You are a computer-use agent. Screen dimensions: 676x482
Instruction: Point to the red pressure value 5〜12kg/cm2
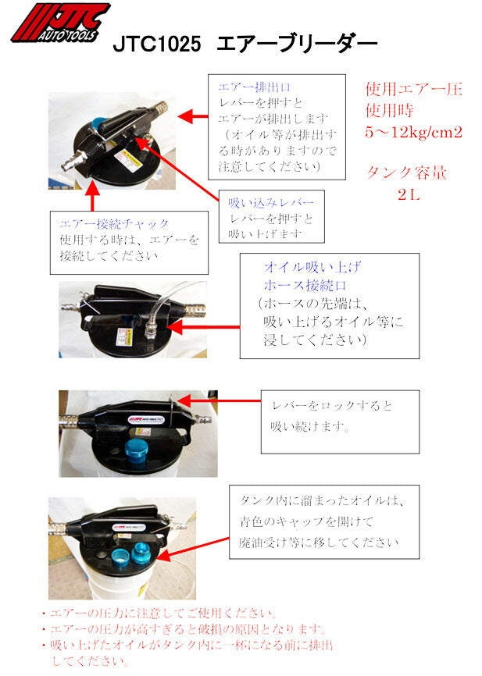[x=413, y=132]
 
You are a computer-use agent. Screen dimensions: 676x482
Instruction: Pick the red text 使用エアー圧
[x=413, y=88]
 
